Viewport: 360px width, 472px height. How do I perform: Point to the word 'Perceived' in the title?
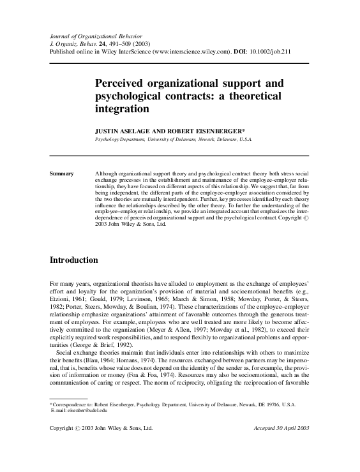click(x=123, y=84)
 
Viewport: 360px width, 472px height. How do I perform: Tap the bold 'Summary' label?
click(x=61, y=173)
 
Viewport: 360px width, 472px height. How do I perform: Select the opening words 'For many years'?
click(x=68, y=281)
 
